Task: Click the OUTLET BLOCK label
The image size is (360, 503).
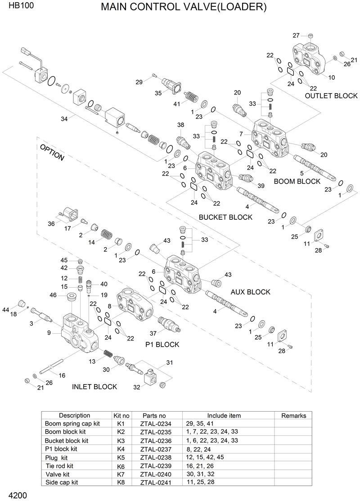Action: click(331, 95)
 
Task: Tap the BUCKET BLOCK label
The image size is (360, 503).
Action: click(225, 217)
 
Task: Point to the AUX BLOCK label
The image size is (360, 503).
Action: click(250, 292)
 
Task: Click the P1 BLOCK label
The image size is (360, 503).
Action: click(162, 344)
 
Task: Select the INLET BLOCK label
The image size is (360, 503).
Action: click(94, 386)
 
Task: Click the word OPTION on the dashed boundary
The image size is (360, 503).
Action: click(52, 153)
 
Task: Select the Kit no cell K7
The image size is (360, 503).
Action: click(121, 474)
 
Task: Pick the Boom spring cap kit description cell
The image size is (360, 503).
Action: click(72, 424)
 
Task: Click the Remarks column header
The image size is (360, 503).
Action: click(293, 416)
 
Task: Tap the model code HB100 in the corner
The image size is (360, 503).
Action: click(15, 7)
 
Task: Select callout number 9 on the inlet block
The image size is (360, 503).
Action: click(49, 333)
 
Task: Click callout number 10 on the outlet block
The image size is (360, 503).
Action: click(332, 77)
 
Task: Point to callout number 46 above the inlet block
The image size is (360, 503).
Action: click(53, 295)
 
